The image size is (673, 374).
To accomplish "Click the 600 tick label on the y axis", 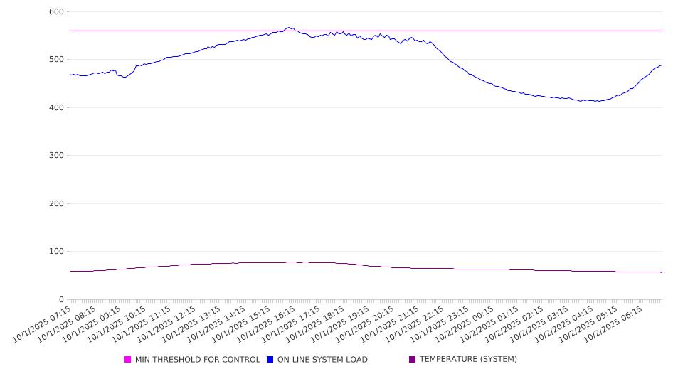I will [x=56, y=12].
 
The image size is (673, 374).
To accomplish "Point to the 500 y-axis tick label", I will [x=56, y=60].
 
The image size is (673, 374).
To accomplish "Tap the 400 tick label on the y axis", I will [x=56, y=108].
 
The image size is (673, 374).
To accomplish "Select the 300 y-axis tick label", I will [x=56, y=156].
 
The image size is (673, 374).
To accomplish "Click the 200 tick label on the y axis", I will [x=56, y=204].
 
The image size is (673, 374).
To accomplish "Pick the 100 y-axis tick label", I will [x=56, y=252].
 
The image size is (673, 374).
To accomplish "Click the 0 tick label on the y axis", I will [x=61, y=300].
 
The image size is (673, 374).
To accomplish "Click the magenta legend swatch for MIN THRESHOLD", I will [x=128, y=360].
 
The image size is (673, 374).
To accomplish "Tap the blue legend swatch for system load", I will [x=270, y=360].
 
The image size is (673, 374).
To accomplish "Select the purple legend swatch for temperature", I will [x=412, y=360].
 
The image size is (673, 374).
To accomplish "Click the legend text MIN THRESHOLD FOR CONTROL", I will [x=197, y=360].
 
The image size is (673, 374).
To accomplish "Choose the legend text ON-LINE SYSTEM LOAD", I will [x=322, y=360].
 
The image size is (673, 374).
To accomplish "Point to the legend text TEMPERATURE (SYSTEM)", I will [x=468, y=360].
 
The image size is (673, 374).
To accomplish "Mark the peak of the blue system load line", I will [x=290, y=28].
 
